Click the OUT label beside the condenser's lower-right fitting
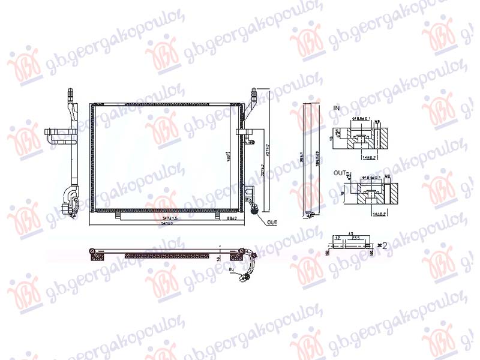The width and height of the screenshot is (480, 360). pyautogui.click(x=272, y=222)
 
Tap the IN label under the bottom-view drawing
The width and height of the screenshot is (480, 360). pyautogui.click(x=232, y=271)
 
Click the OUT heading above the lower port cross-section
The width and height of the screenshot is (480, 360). pyautogui.click(x=338, y=172)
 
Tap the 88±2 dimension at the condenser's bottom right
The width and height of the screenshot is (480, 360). pyautogui.click(x=232, y=219)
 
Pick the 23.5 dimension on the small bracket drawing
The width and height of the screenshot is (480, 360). pyautogui.click(x=356, y=238)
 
